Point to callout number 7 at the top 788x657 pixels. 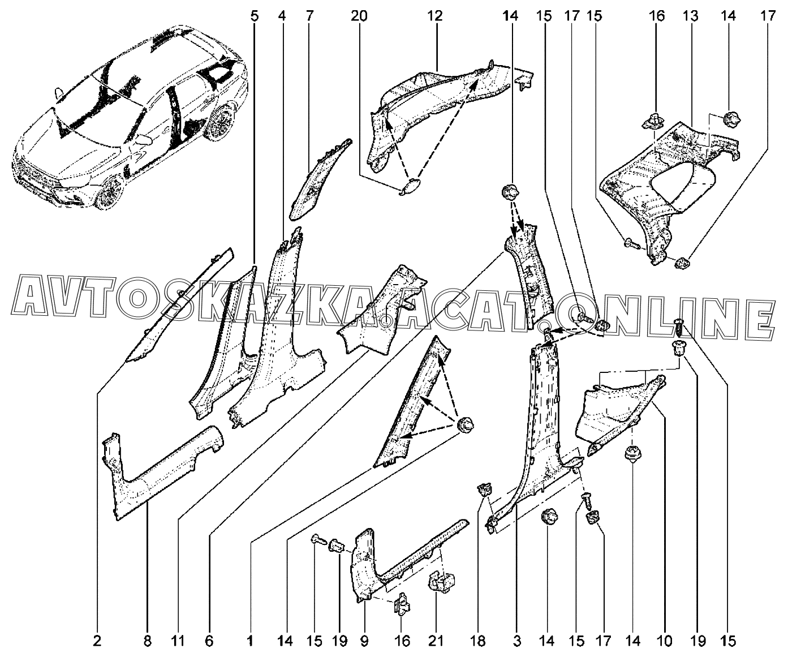point(309,17)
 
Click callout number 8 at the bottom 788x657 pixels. point(147,641)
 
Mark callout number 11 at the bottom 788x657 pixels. point(178,641)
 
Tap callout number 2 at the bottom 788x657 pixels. point(97,641)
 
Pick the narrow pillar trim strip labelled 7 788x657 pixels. point(320,181)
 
